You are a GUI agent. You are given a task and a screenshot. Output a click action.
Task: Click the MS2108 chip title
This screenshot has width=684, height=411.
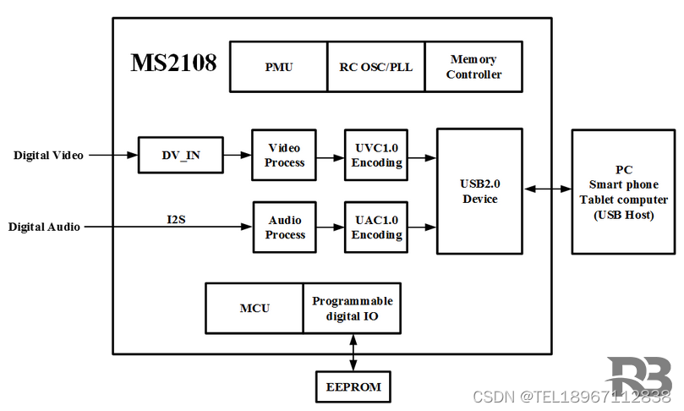tap(173, 63)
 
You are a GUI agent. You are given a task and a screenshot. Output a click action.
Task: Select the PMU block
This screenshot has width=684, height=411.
tap(278, 67)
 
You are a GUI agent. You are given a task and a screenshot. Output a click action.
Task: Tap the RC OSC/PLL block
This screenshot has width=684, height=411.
tap(375, 67)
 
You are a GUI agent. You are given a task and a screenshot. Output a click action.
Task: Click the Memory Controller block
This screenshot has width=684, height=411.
tap(473, 67)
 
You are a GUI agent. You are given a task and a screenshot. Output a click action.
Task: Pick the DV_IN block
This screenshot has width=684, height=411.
tap(181, 156)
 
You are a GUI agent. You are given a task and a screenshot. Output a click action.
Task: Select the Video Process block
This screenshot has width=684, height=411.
tap(284, 155)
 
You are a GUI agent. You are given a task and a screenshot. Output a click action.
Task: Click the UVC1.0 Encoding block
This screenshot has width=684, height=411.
tap(375, 155)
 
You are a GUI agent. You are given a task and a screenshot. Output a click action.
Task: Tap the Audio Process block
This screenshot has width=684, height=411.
tap(284, 227)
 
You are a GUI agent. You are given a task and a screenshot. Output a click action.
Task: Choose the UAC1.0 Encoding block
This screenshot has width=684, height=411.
tap(375, 227)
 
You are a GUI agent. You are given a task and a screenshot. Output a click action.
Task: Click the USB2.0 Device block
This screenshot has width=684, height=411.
tap(479, 191)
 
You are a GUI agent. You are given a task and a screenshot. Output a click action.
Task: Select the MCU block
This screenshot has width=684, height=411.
tap(254, 308)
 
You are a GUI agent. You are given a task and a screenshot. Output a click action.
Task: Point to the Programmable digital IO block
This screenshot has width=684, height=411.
tap(352, 308)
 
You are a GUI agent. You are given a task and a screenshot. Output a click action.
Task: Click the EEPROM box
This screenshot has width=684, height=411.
tap(353, 387)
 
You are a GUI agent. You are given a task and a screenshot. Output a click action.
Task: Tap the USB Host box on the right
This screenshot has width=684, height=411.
tap(623, 192)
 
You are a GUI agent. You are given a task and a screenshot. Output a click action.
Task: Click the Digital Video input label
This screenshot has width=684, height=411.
tap(48, 156)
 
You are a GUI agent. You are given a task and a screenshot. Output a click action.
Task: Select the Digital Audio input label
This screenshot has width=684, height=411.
tap(44, 227)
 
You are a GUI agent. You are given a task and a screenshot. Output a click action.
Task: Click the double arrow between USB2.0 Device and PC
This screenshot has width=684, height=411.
tap(547, 189)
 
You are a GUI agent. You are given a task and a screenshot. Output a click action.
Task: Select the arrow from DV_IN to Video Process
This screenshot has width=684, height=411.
tap(238, 156)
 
